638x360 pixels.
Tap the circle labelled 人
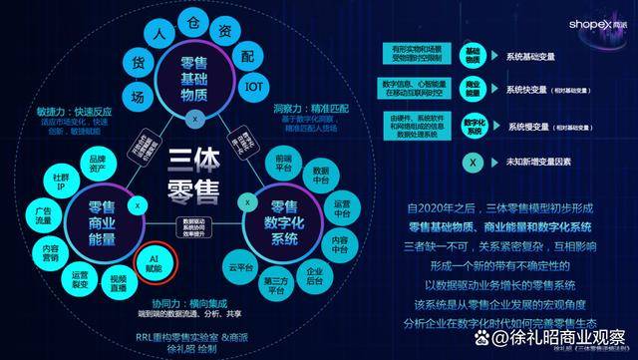[158, 33]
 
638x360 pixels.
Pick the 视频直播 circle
[119, 281]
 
